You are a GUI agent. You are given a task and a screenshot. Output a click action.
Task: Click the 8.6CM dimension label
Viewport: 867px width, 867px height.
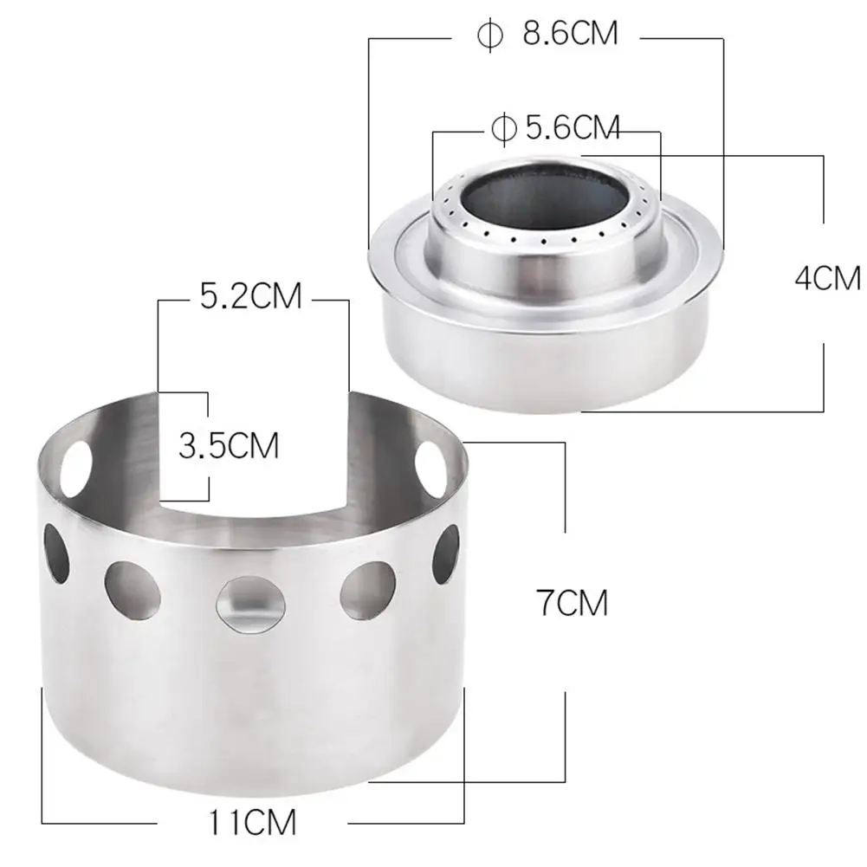tap(570, 33)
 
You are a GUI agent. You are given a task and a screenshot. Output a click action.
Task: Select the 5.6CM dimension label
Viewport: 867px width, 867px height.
tap(573, 127)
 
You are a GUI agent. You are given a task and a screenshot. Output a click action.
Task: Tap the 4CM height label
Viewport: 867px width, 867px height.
tap(828, 278)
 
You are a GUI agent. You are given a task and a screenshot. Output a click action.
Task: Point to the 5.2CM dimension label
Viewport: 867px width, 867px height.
tap(250, 296)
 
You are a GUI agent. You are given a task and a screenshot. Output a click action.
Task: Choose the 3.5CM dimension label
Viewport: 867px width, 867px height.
tap(229, 446)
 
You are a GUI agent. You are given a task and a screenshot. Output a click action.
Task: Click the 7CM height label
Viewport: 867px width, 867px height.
tap(572, 603)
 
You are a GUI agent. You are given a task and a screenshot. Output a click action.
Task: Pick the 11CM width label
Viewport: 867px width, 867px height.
tap(252, 822)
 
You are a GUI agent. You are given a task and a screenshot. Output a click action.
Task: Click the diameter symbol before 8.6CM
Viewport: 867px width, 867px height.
tap(490, 35)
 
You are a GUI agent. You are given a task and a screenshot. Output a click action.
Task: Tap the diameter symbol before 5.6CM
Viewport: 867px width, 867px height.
tap(504, 129)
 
